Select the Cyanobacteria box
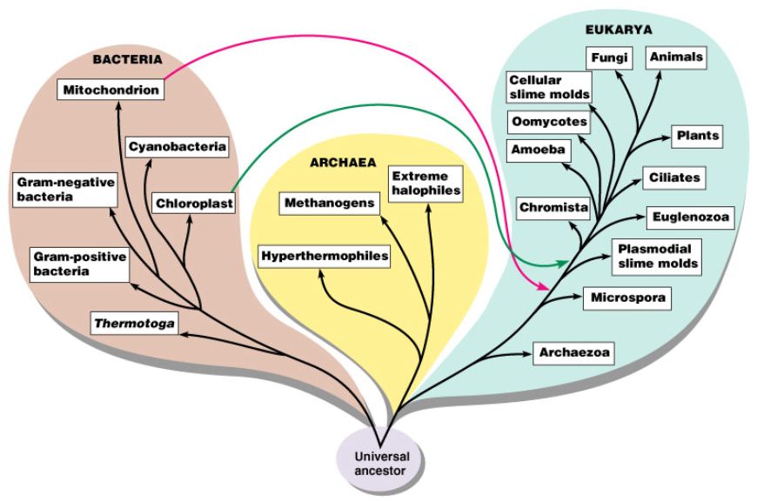[178, 146]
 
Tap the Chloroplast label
[191, 204]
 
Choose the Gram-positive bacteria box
[79, 264]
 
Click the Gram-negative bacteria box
[63, 190]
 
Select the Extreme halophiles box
[425, 182]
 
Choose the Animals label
[674, 57]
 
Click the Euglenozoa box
[687, 216]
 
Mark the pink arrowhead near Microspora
[546, 287]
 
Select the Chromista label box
[553, 208]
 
